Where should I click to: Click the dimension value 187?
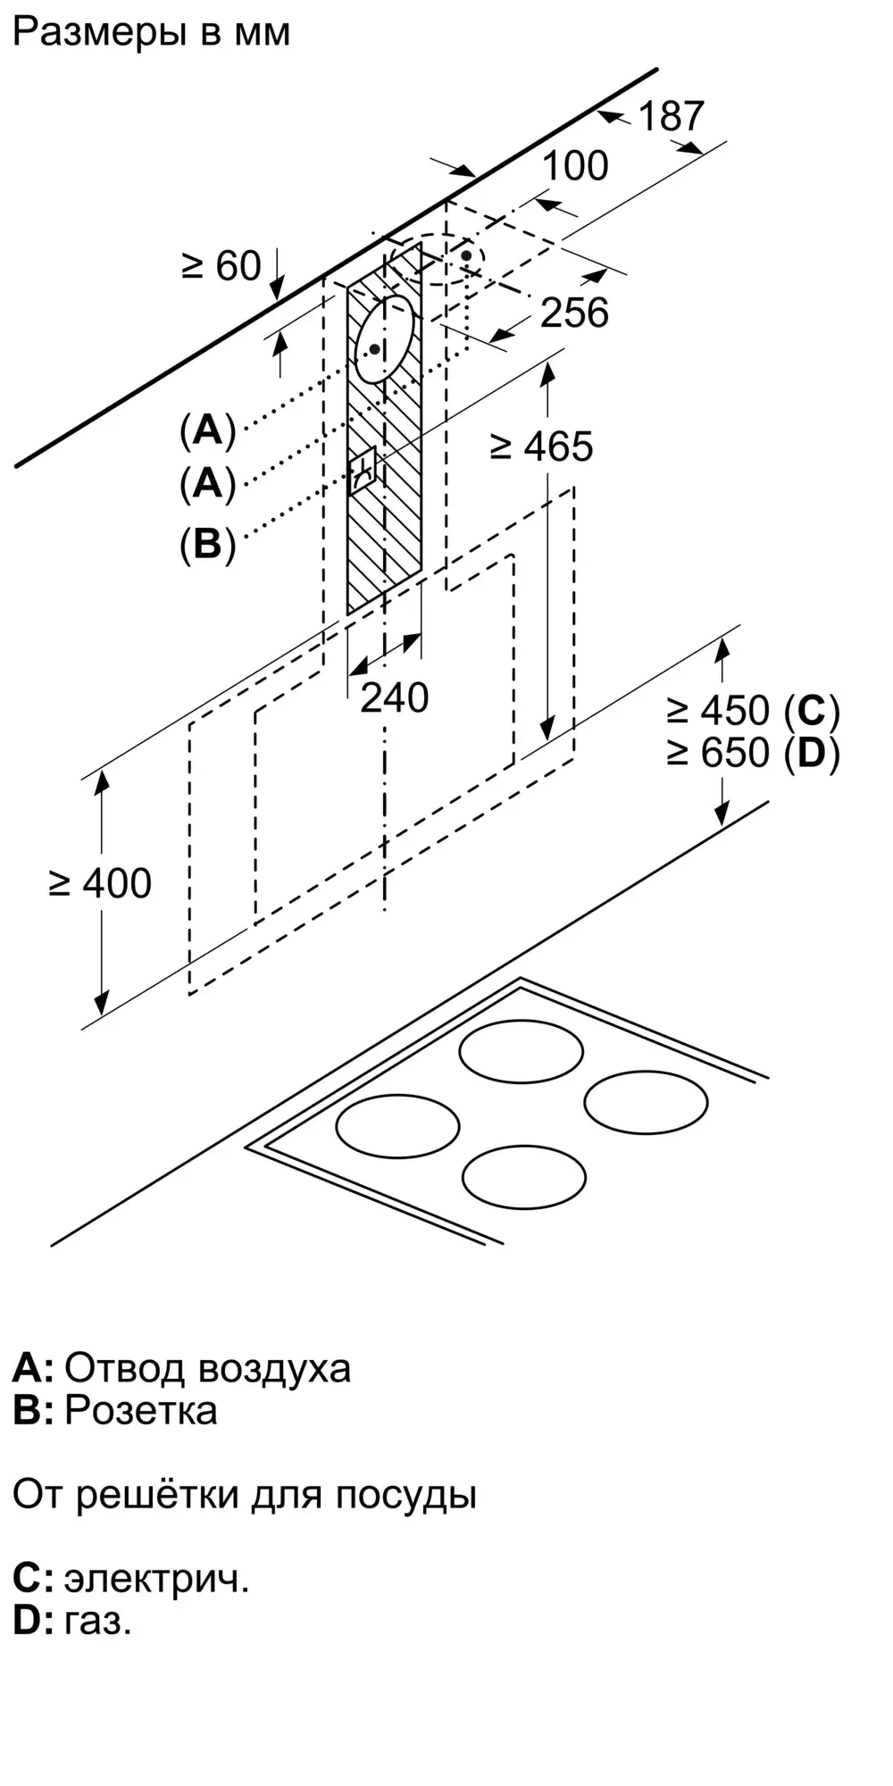672,116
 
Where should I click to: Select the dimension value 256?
575,313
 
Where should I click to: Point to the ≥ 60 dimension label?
221,265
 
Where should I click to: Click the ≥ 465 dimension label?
542,446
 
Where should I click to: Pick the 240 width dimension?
394,697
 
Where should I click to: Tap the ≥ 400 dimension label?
101,883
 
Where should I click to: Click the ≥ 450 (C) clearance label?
753,711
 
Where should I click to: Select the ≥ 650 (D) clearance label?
753,754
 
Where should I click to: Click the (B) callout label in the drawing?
207,543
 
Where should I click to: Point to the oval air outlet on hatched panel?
385,339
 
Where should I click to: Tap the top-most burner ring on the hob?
522,1051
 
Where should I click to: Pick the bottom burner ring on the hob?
524,1178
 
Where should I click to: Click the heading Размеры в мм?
152,33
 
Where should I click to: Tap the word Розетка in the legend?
141,1410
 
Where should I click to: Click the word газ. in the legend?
98,1620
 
